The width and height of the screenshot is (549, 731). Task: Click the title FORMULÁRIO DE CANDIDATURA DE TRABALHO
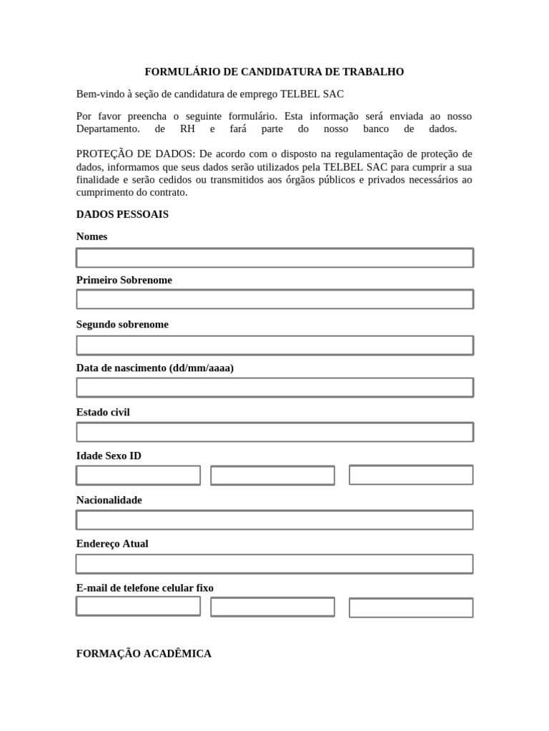[x=274, y=72]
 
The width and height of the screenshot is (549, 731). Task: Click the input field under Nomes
[x=274, y=258]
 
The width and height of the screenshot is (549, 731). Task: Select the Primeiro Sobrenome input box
[x=274, y=299]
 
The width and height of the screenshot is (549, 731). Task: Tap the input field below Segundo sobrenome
[x=274, y=346]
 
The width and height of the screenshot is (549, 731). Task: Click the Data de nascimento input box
[x=274, y=388]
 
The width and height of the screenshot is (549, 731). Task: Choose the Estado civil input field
[x=274, y=432]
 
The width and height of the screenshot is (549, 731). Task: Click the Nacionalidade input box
[x=274, y=520]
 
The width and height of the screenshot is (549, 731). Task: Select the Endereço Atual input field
[x=274, y=564]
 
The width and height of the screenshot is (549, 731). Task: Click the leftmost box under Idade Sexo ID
[x=138, y=475]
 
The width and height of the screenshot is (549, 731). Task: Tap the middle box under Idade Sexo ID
[x=272, y=475]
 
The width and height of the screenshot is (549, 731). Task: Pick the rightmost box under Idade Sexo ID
[x=411, y=475]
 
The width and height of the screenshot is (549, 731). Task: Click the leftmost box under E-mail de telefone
[x=138, y=606]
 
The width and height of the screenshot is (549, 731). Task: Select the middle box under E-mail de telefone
[x=272, y=607]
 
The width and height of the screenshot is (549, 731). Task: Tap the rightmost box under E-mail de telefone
[x=411, y=608]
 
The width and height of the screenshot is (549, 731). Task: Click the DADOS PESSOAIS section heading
[x=122, y=214]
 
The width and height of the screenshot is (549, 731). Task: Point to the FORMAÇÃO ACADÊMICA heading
[x=144, y=653]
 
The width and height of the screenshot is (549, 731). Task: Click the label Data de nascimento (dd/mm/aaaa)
[x=154, y=368]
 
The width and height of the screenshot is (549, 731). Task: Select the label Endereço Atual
[x=112, y=543]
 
